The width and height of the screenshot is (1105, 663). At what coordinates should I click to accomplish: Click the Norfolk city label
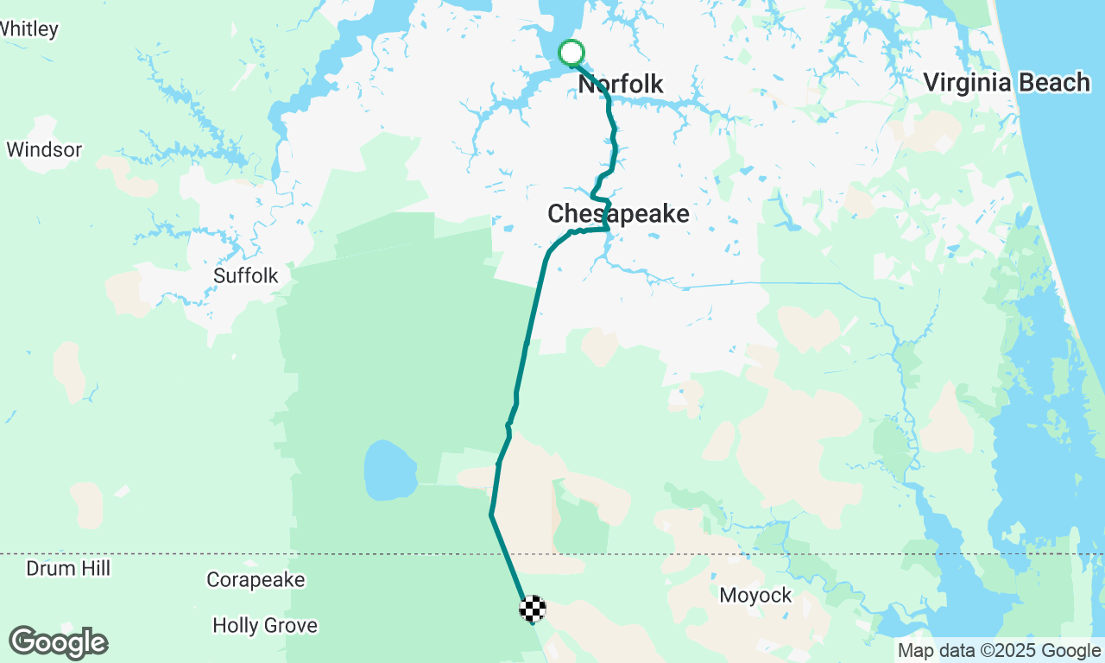pos(621,84)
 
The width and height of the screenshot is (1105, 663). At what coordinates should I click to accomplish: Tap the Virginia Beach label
pos(1007,83)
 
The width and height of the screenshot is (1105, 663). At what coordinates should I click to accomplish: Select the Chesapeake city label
pos(618,213)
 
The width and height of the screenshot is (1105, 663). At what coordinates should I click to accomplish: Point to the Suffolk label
pos(246,275)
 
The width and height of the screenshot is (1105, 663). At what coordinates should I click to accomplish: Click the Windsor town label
pos(44,149)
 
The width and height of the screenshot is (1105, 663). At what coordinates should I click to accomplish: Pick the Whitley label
pos(29,28)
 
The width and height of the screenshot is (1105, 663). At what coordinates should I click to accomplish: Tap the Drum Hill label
pos(68,568)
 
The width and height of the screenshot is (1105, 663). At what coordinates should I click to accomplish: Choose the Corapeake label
pos(256,580)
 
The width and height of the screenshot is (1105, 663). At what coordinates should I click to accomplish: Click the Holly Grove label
pos(265,625)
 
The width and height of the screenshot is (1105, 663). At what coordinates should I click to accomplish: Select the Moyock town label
pos(755,595)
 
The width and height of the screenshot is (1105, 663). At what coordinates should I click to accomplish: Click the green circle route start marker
pos(571,53)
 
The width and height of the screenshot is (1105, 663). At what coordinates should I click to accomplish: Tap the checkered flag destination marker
pos(533,609)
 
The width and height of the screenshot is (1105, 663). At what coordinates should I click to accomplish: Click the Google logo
pos(58,643)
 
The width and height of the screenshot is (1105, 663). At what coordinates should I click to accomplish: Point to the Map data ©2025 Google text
pos(999,651)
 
